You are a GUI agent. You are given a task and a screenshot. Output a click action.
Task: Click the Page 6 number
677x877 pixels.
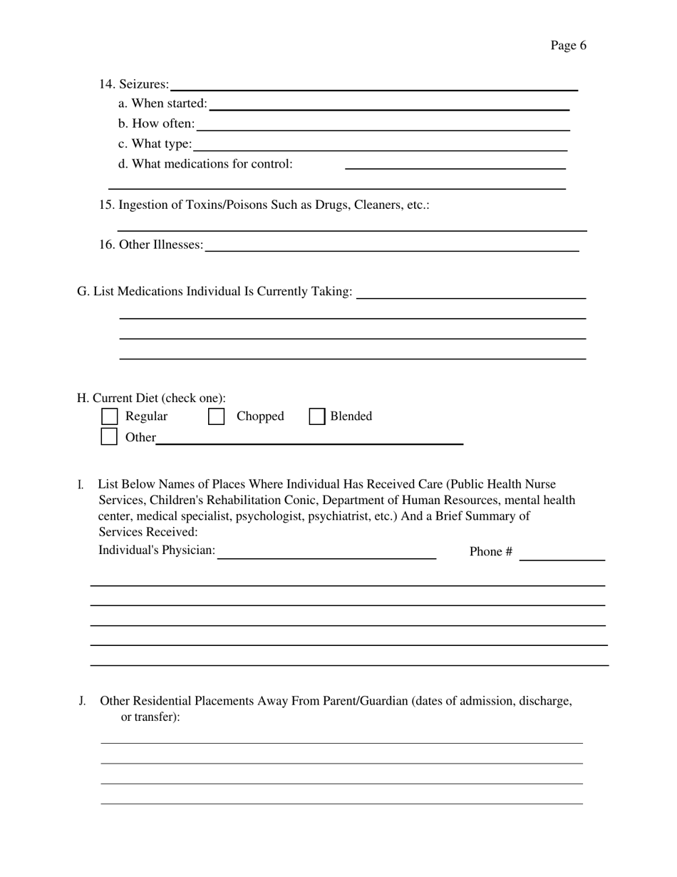(568, 46)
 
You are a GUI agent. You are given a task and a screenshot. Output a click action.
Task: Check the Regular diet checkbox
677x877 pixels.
(110, 416)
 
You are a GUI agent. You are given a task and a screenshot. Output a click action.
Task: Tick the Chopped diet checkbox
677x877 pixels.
(216, 416)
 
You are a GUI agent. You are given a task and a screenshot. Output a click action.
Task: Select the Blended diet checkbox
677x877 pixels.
(317, 416)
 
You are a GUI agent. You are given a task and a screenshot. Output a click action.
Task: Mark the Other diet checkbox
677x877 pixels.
(109, 436)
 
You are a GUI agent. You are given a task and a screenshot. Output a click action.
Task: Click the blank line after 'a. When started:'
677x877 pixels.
(389, 106)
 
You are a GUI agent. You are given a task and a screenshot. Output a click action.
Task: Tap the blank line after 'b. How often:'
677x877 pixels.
(383, 126)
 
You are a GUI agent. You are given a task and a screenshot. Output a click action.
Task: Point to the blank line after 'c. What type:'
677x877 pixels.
(380, 146)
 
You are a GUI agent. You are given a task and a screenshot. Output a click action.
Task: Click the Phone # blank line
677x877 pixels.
(562, 556)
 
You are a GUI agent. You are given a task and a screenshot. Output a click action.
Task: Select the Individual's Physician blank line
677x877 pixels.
(326, 554)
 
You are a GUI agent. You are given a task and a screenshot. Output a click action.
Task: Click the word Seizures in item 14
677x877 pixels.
(144, 84)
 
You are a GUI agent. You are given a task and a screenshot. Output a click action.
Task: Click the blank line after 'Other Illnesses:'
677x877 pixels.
(391, 247)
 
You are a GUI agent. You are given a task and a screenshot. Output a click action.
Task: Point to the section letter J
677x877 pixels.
(82, 701)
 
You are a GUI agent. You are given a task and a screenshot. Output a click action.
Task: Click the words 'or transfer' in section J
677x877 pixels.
(148, 717)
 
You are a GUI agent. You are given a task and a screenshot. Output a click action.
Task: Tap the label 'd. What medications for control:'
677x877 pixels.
(205, 164)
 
